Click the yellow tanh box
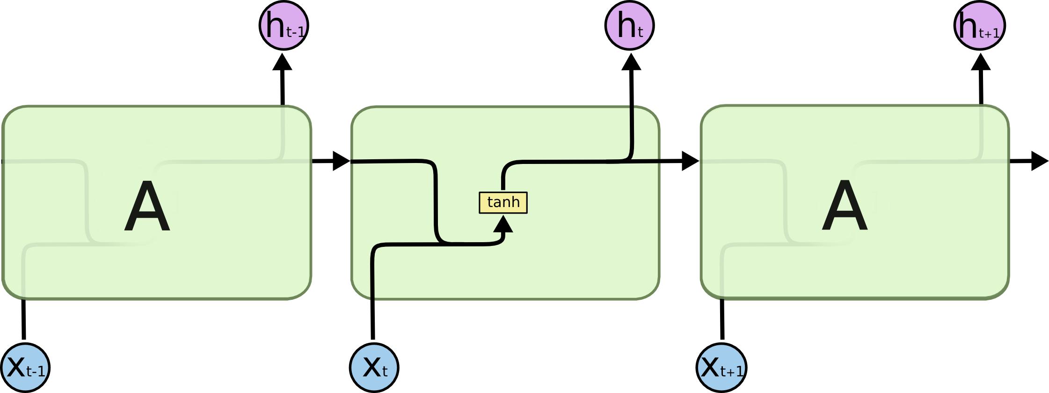click(503, 202)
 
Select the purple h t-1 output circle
click(284, 25)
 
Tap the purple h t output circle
click(629, 25)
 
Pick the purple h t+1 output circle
click(979, 25)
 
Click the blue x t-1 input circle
click(25, 368)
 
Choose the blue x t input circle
click(374, 368)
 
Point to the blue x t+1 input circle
click(721, 368)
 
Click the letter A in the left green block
click(147, 207)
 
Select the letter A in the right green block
click(845, 207)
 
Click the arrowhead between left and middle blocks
click(340, 161)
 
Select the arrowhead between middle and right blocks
click(690, 161)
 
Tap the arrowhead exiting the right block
click(1039, 161)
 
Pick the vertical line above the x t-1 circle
click(24, 319)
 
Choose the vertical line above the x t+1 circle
click(722, 319)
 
